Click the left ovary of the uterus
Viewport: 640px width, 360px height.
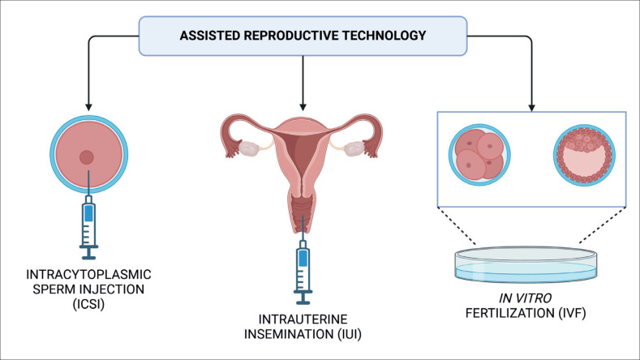(x=248, y=149)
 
